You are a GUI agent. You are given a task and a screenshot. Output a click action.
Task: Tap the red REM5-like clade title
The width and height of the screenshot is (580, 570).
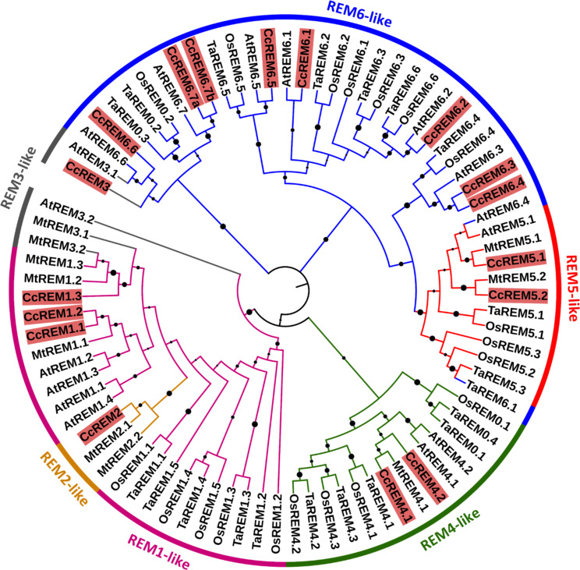tap(571, 288)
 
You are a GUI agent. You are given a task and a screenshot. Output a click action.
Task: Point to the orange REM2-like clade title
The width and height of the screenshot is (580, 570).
tap(65, 478)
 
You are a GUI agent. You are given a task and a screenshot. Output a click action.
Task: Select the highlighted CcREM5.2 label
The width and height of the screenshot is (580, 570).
tap(518, 296)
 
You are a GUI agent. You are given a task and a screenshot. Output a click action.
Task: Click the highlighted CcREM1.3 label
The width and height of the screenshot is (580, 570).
tap(51, 297)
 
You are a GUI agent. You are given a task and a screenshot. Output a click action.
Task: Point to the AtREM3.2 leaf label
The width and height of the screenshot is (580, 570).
tap(67, 211)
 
